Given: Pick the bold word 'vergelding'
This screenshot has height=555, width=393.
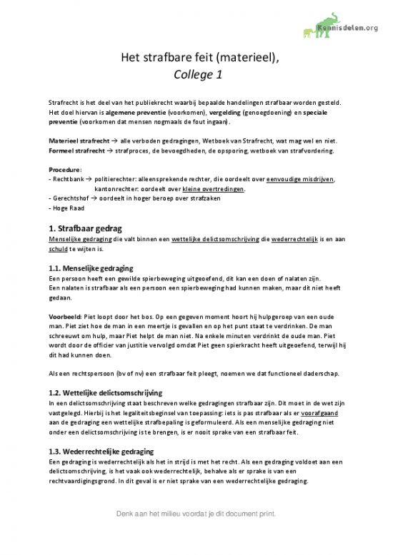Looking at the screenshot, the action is [x=222, y=113].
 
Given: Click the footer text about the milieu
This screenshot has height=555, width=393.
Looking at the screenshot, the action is [x=196, y=534].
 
